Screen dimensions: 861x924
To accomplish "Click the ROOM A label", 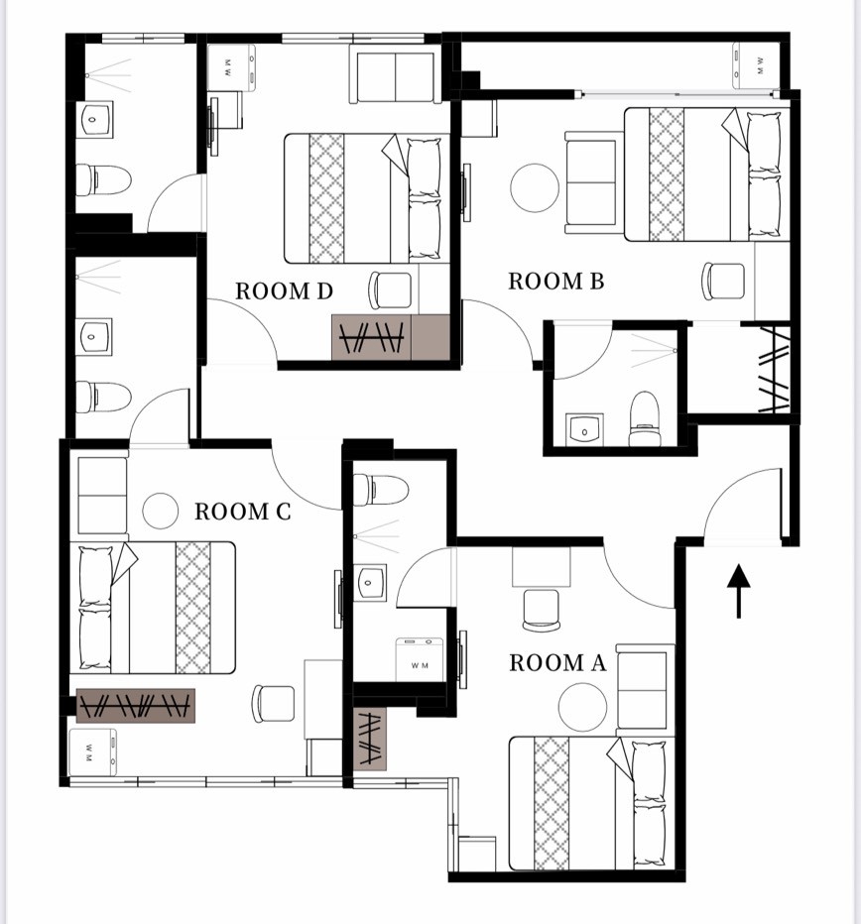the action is tap(557, 663).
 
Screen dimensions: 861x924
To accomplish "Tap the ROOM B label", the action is tap(556, 282).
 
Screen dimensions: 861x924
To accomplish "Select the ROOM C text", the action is tap(243, 512).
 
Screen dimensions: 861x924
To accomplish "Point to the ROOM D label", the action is tap(285, 291).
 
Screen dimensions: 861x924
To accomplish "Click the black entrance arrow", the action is tap(738, 591).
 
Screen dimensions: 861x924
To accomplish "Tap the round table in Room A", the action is tap(582, 707).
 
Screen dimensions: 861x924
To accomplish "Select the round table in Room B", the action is tap(535, 187).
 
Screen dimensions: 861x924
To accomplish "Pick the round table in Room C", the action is tap(161, 511).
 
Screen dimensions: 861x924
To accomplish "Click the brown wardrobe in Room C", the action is tap(136, 705).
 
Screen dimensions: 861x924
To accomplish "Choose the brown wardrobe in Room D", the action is tap(391, 337).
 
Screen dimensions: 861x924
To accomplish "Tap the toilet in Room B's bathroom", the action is tap(644, 419).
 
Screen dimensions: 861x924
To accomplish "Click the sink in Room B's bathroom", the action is tap(584, 430).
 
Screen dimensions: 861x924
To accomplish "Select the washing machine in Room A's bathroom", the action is tap(420, 660).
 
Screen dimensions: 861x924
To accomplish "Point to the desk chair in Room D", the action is tap(390, 289).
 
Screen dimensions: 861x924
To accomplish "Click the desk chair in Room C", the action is tap(273, 704).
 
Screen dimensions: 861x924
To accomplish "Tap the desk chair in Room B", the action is tap(723, 280).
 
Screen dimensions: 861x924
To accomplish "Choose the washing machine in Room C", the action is tap(92, 752).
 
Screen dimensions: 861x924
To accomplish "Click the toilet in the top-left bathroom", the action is tap(102, 180).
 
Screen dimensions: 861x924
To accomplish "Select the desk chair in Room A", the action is tap(541, 610).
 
